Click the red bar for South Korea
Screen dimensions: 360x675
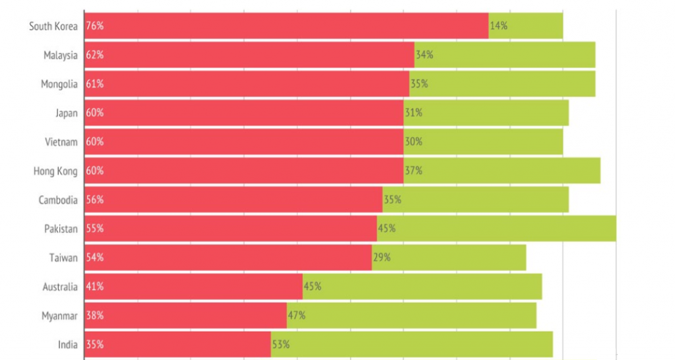click(x=287, y=26)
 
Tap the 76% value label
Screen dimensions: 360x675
click(x=95, y=26)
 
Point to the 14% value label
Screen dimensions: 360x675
click(x=498, y=26)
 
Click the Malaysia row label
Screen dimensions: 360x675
click(x=61, y=55)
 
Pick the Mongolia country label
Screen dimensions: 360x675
click(x=59, y=84)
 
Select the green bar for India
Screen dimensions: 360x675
click(x=411, y=344)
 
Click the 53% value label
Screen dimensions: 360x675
click(x=281, y=344)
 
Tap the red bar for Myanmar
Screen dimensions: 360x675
click(x=186, y=315)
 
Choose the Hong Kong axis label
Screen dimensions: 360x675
click(x=55, y=171)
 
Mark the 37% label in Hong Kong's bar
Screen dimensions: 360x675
click(x=413, y=171)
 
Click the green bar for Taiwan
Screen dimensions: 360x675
click(x=449, y=257)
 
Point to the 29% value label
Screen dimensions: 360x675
click(x=382, y=257)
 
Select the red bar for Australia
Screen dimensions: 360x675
click(x=194, y=286)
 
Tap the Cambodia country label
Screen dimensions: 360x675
click(x=58, y=200)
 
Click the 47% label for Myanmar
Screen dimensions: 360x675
click(x=297, y=315)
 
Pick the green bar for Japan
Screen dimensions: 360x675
click(x=486, y=113)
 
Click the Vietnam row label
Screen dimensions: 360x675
click(x=61, y=142)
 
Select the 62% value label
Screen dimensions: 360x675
click(x=95, y=55)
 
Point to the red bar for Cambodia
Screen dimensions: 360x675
click(x=233, y=200)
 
